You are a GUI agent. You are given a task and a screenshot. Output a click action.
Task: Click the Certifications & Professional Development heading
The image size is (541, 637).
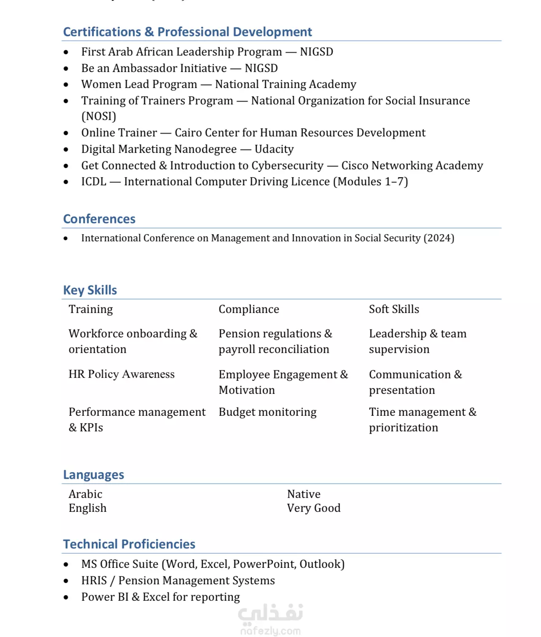pos(187,32)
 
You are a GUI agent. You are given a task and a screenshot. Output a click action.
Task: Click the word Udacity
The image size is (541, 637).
pos(274,149)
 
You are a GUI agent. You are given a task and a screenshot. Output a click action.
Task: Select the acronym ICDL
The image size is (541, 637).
pos(94,182)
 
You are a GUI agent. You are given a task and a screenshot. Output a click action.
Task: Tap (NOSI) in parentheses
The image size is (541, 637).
pos(99,116)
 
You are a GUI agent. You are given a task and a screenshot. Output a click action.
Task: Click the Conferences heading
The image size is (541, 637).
pos(99,219)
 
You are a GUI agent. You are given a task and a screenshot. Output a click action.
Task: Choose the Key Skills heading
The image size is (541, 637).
pos(90,290)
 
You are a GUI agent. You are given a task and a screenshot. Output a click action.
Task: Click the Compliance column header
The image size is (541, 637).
pos(249,309)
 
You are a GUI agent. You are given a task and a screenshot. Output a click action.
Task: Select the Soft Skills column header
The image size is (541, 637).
pos(394,309)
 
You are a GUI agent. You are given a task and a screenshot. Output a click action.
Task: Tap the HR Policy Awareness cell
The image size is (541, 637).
pos(121,374)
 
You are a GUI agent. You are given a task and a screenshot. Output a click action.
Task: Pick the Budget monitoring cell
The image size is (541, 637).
pos(268,412)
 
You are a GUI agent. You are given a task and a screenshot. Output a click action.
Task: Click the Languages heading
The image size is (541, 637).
pos(94,475)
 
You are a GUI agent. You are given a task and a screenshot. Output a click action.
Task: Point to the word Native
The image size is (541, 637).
pos(304,494)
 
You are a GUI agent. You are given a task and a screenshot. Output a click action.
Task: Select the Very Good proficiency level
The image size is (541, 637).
pos(313,508)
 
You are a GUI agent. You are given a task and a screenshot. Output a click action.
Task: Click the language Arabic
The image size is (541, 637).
pos(86,494)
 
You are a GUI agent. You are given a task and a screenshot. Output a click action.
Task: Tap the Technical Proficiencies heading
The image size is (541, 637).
pos(129,544)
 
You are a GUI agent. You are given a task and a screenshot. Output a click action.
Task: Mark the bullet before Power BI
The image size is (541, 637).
pos(66,597)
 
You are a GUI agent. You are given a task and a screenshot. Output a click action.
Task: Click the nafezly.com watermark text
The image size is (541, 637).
pos(270,631)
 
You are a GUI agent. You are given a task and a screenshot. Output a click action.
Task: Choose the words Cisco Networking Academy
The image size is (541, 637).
pos(412,166)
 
